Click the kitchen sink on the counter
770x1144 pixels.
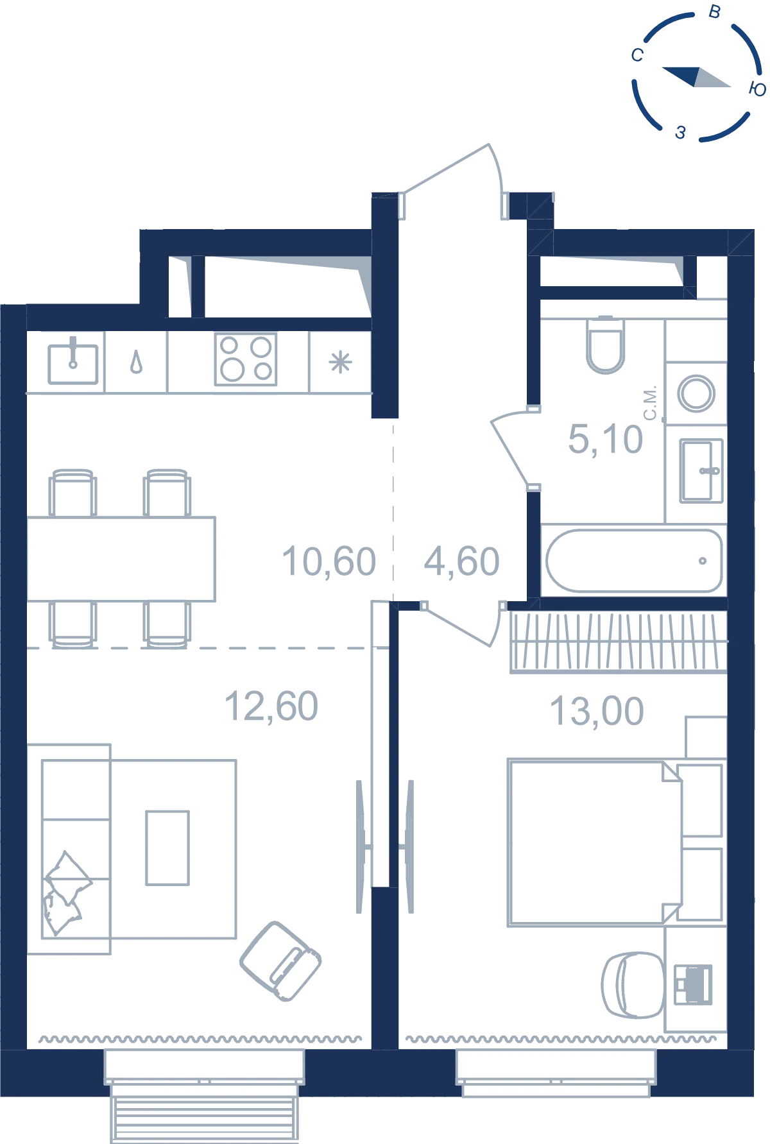(73, 363)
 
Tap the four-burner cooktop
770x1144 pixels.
(246, 359)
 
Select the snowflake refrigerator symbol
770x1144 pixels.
(340, 363)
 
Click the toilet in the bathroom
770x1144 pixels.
(605, 345)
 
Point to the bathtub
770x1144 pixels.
(634, 561)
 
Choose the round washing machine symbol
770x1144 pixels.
(696, 393)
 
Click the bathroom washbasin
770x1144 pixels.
(701, 471)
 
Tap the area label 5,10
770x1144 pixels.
(605, 440)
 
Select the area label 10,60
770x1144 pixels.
(329, 561)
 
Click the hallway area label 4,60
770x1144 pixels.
(461, 561)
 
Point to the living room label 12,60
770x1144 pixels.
(271, 706)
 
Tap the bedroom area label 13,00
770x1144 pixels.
(597, 712)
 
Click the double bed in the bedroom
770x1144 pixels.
(595, 842)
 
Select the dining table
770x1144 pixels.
(121, 559)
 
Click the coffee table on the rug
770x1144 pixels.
(167, 848)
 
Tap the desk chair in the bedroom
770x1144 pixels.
(632, 984)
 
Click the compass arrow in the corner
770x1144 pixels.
(696, 76)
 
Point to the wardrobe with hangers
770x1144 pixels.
(619, 642)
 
